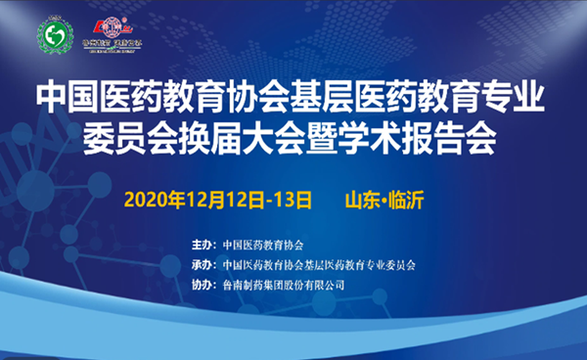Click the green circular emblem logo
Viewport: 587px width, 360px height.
56,36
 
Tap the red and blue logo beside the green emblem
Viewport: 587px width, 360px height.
112,35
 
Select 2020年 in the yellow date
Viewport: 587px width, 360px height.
155,200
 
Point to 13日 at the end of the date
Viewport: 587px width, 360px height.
295,200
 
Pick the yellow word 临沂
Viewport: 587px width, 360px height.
408,200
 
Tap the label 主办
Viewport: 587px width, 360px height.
202,245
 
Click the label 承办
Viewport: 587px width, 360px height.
202,265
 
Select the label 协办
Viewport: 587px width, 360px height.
202,285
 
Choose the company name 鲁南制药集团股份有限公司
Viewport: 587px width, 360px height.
284,285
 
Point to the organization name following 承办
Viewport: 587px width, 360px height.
319,265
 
